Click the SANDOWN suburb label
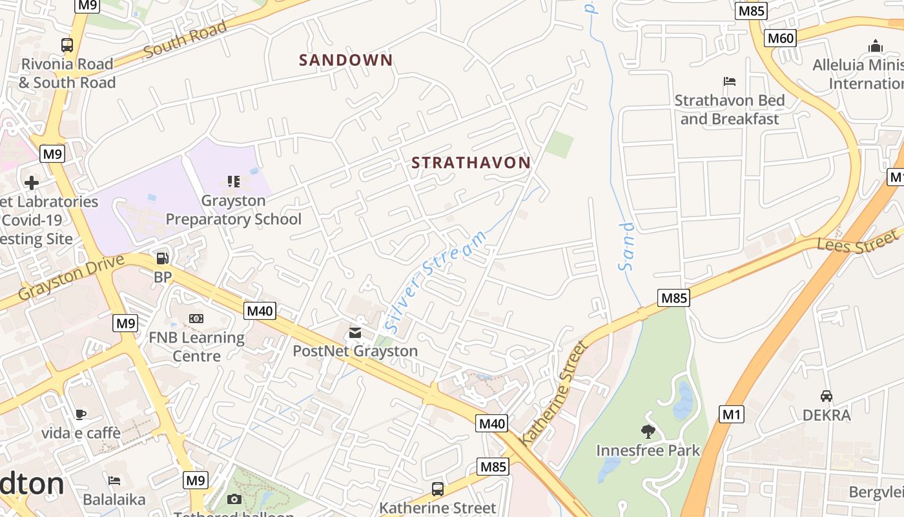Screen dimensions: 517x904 [x=345, y=60]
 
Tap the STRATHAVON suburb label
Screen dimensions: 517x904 [x=471, y=163]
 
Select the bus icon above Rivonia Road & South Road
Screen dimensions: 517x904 [x=67, y=45]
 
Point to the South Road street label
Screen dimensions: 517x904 [x=185, y=39]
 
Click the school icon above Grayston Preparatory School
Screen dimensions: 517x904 [x=233, y=182]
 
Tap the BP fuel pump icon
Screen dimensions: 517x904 [x=163, y=258]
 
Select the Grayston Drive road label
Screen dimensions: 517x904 [x=70, y=277]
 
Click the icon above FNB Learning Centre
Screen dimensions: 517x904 [x=196, y=319]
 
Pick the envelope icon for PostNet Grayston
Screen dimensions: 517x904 [x=355, y=333]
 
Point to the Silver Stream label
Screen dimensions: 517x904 [x=436, y=281]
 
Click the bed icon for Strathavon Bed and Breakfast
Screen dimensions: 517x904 [x=730, y=81]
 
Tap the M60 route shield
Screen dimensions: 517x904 [x=780, y=38]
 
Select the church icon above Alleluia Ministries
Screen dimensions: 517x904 [x=876, y=46]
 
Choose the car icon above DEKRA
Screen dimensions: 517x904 [x=826, y=396]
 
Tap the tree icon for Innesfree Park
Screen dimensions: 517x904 [x=648, y=431]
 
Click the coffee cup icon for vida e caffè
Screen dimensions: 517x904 [x=81, y=414]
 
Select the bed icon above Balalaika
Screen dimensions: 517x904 [x=114, y=480]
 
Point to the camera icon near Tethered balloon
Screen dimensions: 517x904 [x=234, y=499]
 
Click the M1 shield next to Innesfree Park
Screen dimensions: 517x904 [x=731, y=414]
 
